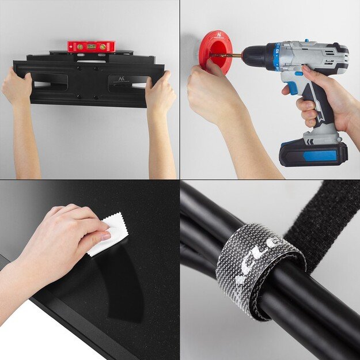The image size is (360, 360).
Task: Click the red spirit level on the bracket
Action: tap(91, 46)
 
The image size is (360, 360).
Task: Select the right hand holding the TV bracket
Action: tap(160, 92)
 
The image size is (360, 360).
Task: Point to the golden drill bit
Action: tap(230, 56)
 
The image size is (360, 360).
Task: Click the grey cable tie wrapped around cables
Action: tap(259, 268)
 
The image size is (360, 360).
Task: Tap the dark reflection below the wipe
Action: tap(124, 282)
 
